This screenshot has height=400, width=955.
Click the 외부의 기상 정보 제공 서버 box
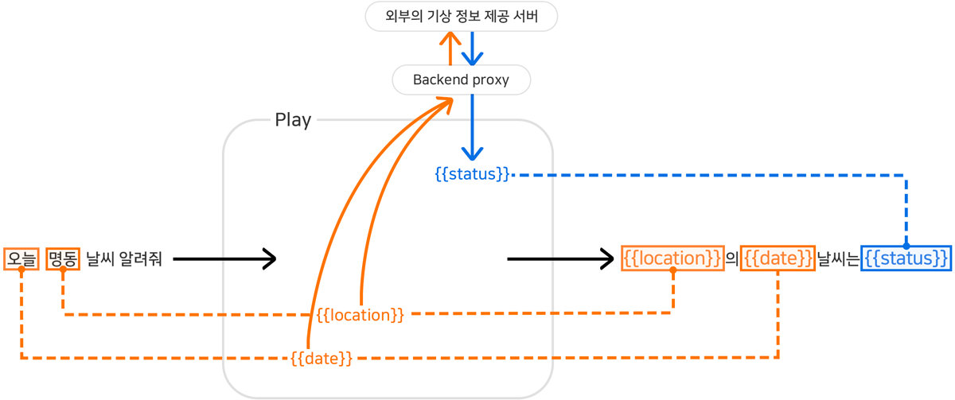462,17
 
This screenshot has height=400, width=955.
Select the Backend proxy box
462,80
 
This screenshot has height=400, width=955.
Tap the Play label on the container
293,120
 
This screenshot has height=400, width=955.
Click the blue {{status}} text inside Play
472,173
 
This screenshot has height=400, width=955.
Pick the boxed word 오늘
21,258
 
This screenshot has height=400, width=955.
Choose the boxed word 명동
63,258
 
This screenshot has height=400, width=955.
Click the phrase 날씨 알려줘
123,258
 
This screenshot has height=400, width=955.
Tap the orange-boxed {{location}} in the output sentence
672,258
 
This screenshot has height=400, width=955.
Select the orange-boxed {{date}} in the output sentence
778,258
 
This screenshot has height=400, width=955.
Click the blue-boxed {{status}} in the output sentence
906,258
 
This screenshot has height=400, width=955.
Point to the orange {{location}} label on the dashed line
361,315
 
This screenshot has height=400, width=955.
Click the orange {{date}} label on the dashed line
322,358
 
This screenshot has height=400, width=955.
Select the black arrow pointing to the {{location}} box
561,258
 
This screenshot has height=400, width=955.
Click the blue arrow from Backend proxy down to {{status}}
473,127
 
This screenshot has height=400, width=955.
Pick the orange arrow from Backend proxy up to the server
450,48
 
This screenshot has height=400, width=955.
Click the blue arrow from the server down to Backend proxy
473,48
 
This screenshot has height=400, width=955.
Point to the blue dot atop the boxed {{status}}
906,246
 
